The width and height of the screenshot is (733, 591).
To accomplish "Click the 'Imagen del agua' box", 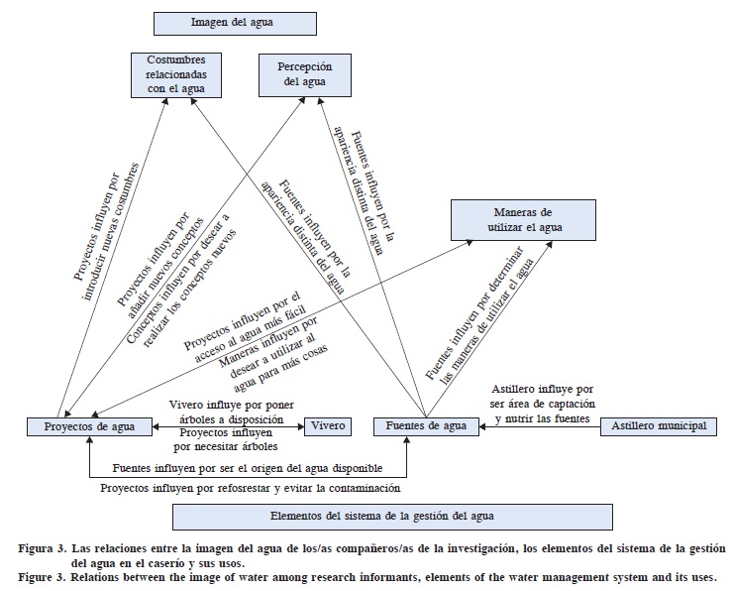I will click(235, 24).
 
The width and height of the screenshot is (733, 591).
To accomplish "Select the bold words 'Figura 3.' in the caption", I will click(44, 548).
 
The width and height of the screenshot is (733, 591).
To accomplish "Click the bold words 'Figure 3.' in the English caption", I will click(44, 576).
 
